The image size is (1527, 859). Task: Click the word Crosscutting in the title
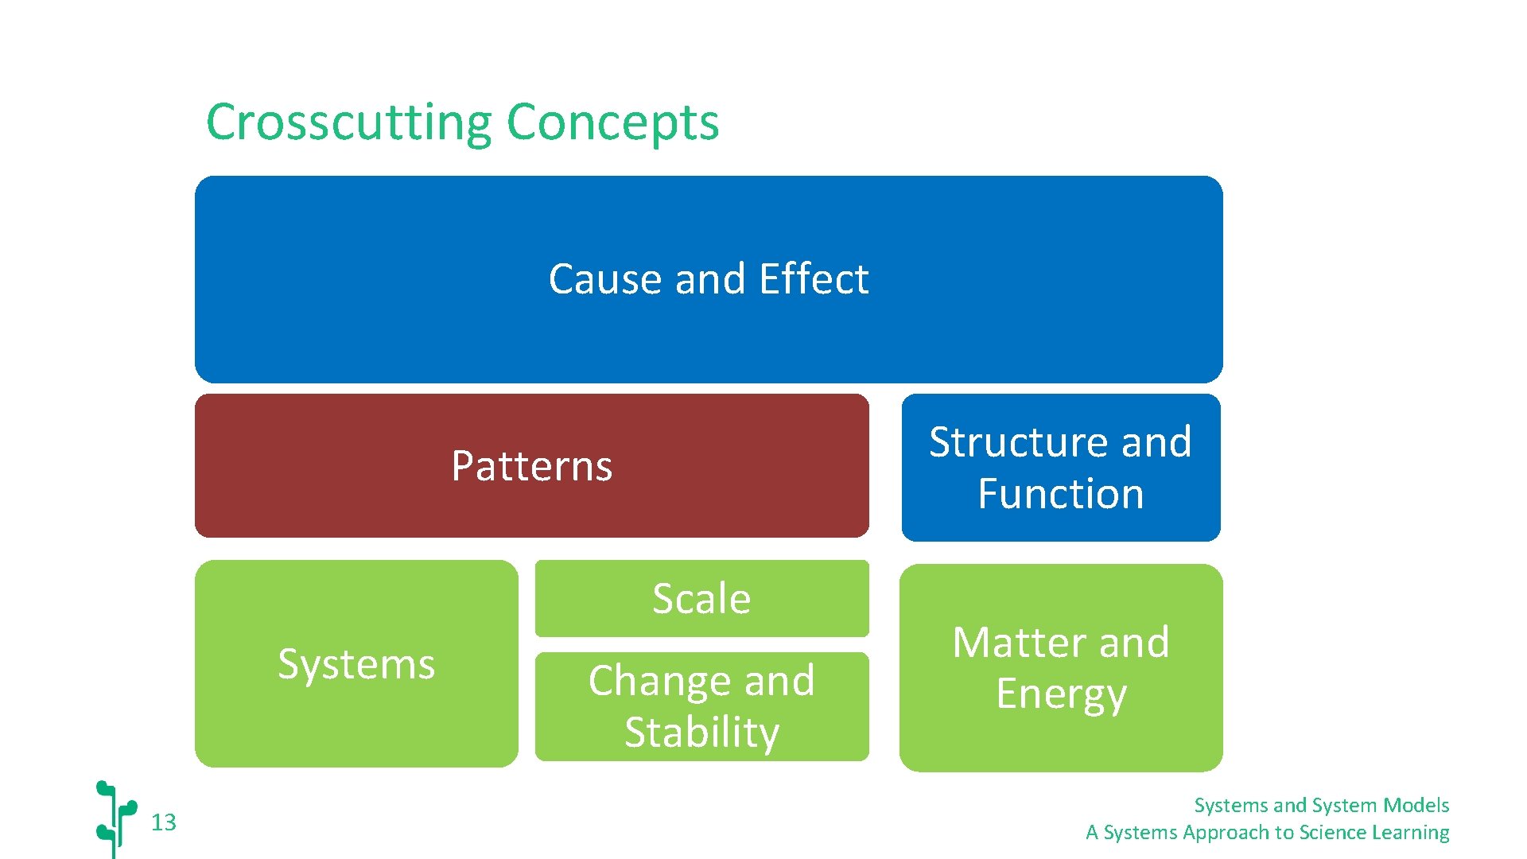[350, 122]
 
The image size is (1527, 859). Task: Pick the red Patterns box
[531, 466]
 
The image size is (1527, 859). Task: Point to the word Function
[1060, 494]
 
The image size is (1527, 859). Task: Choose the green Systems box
[356, 663]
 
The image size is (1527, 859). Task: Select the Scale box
[701, 598]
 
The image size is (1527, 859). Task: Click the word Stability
[701, 732]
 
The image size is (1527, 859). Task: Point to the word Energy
[1061, 694]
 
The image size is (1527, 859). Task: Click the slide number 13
[164, 822]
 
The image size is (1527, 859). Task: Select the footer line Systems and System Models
[1321, 806]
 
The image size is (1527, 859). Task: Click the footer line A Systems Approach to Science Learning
[1267, 833]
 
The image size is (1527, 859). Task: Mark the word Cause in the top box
[605, 279]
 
